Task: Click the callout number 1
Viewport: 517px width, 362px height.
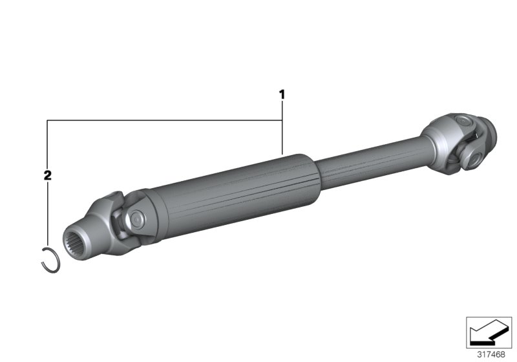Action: coord(282,94)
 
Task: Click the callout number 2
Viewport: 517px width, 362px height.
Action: coord(47,175)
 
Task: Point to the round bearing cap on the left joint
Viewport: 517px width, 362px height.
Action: coord(137,220)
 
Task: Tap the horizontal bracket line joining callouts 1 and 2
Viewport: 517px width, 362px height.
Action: coord(162,120)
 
